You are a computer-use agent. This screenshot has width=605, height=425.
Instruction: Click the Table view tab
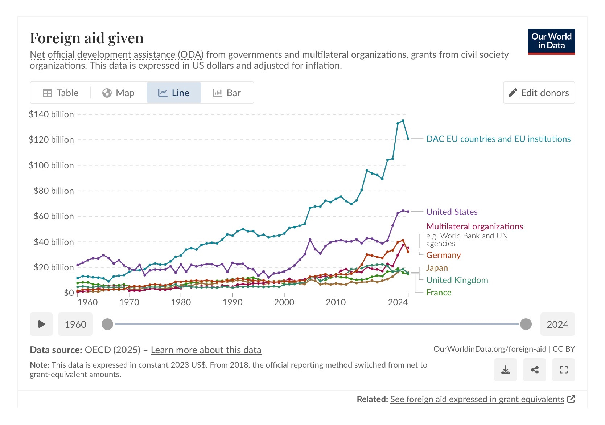[61, 93]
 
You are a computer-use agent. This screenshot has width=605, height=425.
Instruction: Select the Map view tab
[118, 93]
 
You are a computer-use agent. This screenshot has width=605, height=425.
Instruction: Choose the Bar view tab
[227, 93]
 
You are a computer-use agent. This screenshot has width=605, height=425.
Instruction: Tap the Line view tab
[174, 93]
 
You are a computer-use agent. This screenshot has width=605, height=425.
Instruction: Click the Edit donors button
[539, 93]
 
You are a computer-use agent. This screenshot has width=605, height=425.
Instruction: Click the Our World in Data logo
[551, 41]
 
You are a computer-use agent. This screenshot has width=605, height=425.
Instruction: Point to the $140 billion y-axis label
[51, 114]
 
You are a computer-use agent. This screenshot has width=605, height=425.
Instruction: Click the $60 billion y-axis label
[54, 216]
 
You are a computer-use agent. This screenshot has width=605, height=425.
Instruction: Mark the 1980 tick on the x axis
[181, 302]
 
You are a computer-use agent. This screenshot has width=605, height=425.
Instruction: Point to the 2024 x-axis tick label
[398, 302]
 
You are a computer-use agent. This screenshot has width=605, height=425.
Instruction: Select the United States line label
[452, 212]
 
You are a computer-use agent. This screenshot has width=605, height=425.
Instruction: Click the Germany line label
[443, 255]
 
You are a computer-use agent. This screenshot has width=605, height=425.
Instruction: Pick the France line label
[439, 293]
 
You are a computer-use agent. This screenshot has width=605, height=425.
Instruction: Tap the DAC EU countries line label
[498, 139]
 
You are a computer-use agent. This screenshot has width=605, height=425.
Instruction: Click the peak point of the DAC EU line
[403, 121]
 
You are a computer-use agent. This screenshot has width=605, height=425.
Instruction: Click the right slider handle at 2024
[526, 324]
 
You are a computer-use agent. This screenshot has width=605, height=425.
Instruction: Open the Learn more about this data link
[206, 350]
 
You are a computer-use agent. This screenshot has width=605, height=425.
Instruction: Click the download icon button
[505, 370]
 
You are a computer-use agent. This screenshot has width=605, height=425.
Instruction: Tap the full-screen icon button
[563, 370]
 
